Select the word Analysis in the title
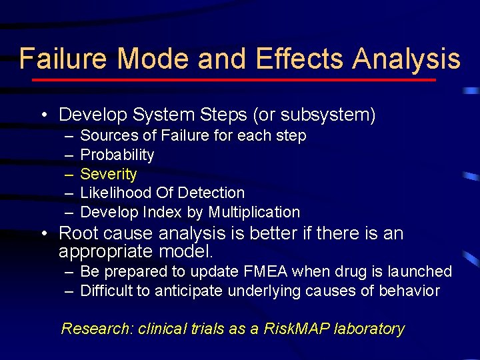406,59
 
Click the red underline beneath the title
233,80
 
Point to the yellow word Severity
108,174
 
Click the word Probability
117,155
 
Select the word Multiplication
254,212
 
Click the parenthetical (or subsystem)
314,115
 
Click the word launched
419,271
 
